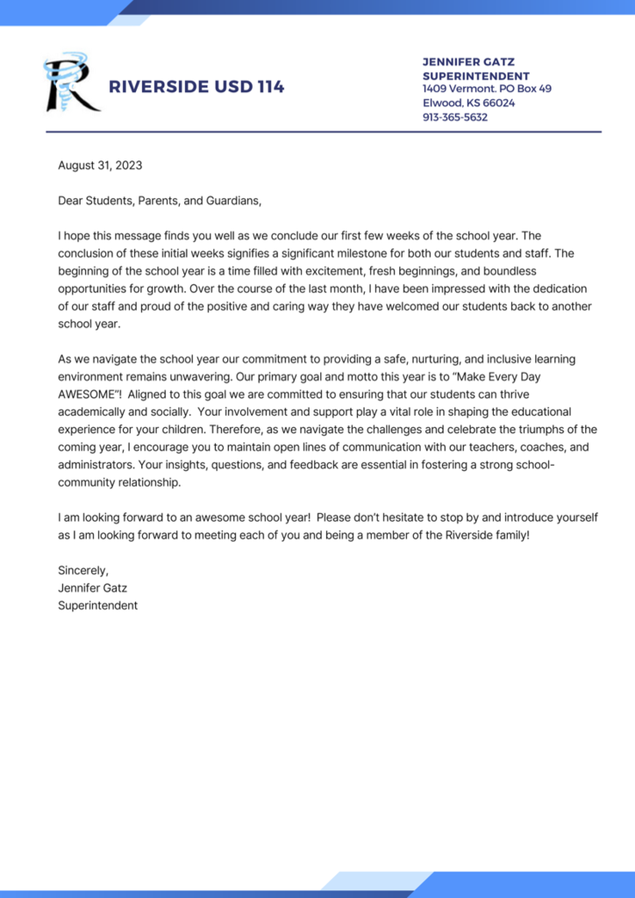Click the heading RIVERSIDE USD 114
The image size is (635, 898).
coord(196,87)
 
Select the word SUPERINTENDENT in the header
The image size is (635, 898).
coord(474,76)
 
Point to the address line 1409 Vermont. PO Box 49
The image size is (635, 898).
coord(487,89)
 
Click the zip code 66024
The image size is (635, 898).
coord(498,103)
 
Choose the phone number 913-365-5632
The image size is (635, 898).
coord(455,117)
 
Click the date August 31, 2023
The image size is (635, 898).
coord(100,165)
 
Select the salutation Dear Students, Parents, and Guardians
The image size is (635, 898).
coord(160,201)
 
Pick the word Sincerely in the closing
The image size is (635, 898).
coord(83,570)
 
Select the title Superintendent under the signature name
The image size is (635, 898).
coord(97,605)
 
